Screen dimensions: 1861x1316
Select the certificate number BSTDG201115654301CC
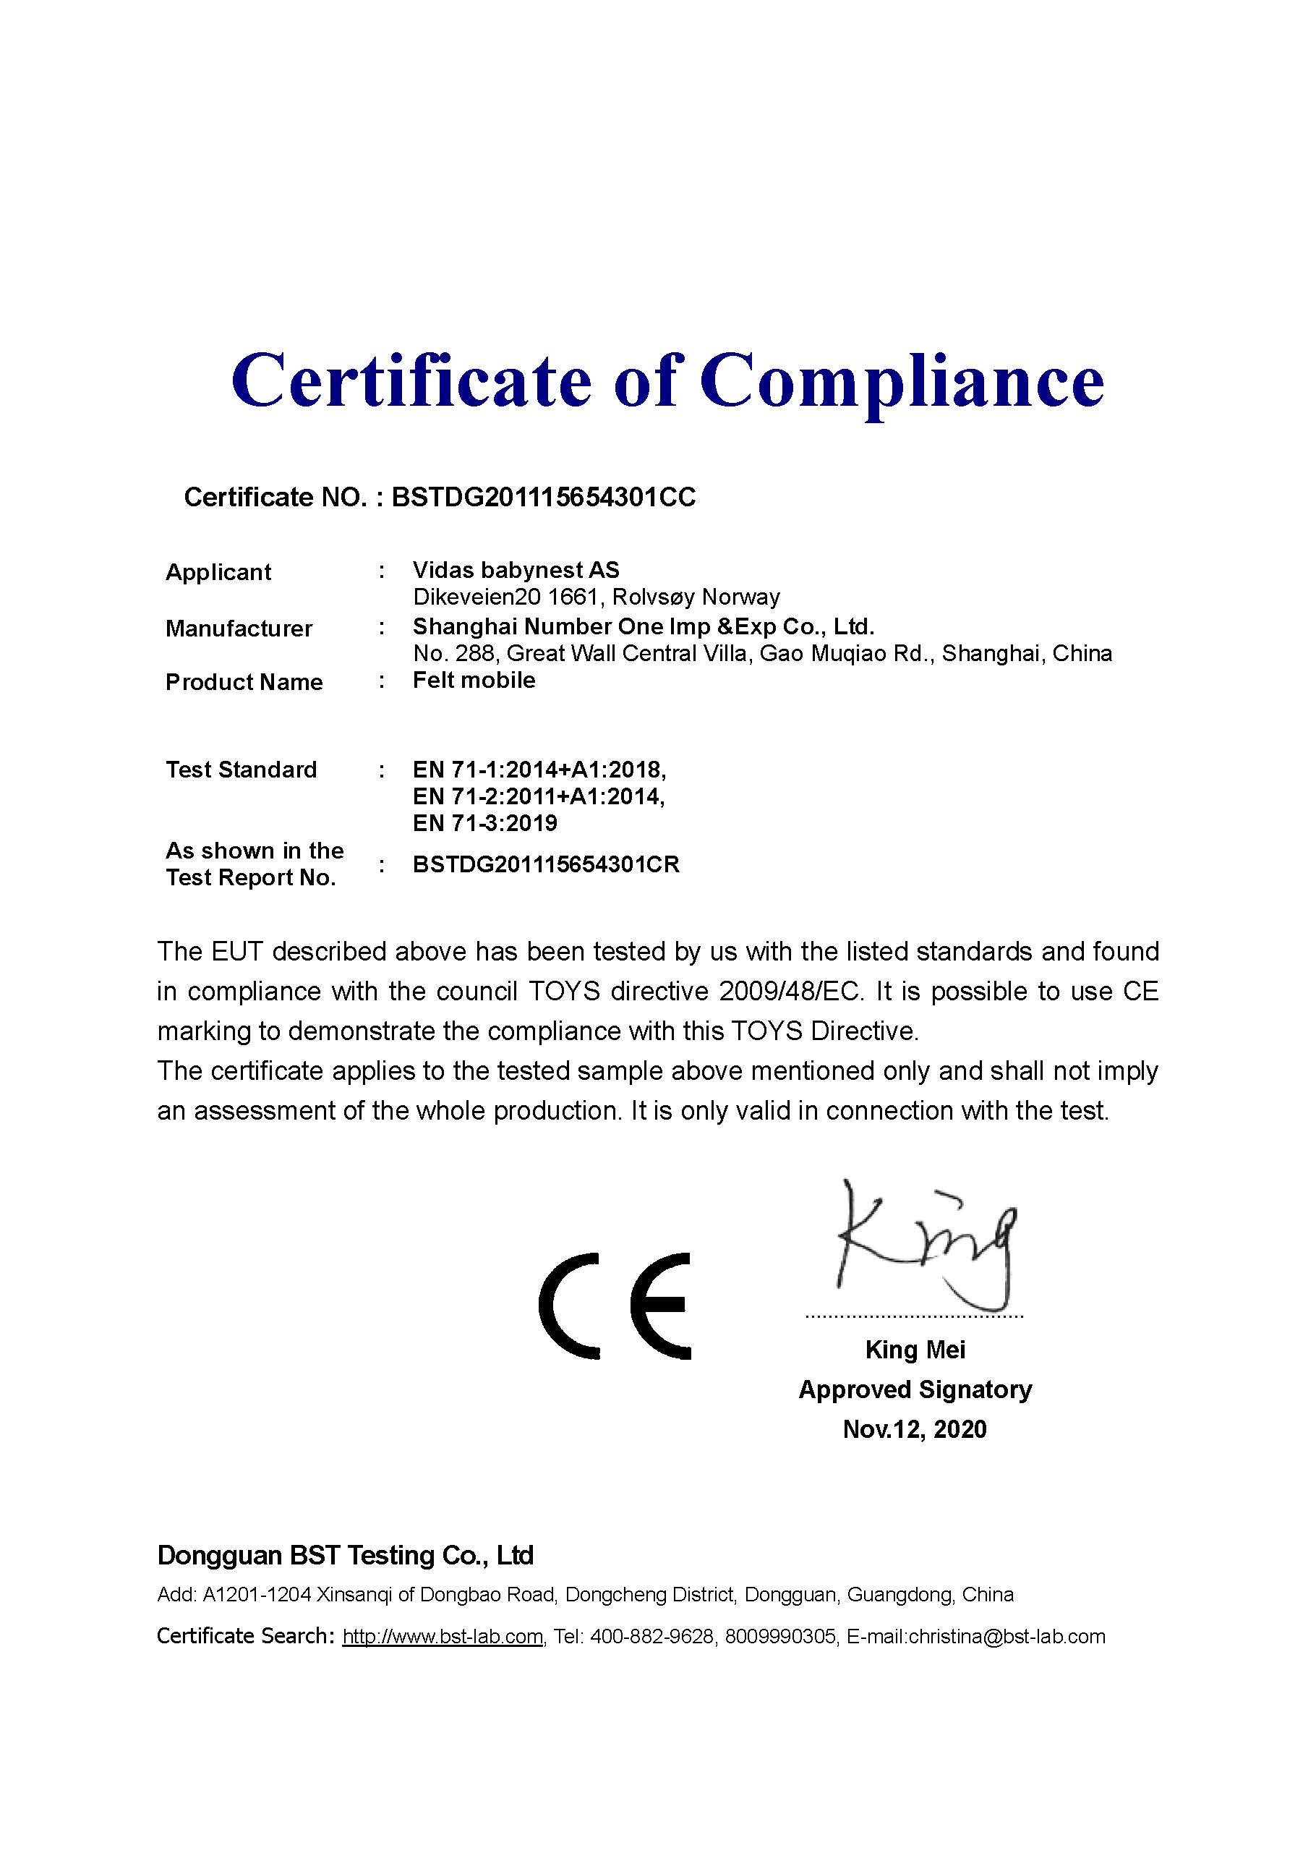544,497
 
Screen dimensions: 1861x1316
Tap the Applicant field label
218,572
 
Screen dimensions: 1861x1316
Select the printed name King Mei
915,1350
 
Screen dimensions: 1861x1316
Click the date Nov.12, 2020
915,1429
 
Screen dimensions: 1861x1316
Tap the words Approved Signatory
915,1389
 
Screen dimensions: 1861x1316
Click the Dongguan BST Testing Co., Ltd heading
345,1556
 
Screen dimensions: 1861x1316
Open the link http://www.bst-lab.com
443,1637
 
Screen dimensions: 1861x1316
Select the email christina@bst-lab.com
1007,1637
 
